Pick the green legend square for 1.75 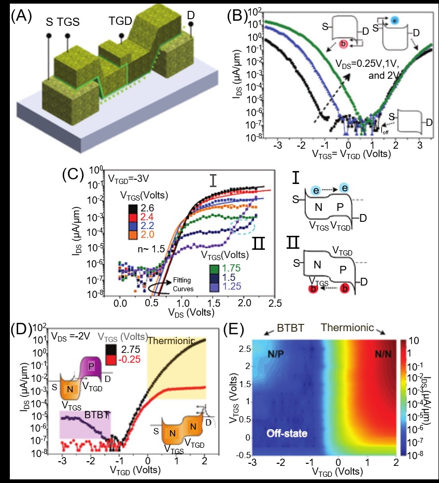tap(214, 269)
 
